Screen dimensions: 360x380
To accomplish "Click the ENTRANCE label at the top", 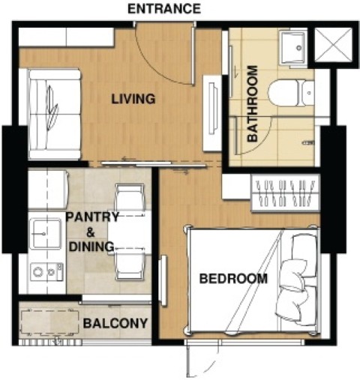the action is [164, 9].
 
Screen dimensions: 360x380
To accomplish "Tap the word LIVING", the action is [133, 99].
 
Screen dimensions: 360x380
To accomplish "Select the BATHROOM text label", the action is [252, 103].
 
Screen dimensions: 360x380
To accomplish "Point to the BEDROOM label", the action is [233, 279].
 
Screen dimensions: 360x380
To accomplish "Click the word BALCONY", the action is [115, 323].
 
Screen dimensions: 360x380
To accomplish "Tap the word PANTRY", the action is [92, 217].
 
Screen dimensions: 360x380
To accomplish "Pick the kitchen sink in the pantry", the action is [46, 234].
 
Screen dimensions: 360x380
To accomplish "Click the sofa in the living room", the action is [55, 114].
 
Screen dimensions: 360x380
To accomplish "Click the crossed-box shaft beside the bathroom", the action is [333, 45].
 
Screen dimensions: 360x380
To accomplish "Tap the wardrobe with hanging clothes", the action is [286, 193].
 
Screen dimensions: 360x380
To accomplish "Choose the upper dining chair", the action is [130, 197].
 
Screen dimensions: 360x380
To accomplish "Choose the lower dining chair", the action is [130, 265].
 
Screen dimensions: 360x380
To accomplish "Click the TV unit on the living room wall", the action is [212, 113].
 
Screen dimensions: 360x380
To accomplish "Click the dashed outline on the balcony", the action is [50, 323].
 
